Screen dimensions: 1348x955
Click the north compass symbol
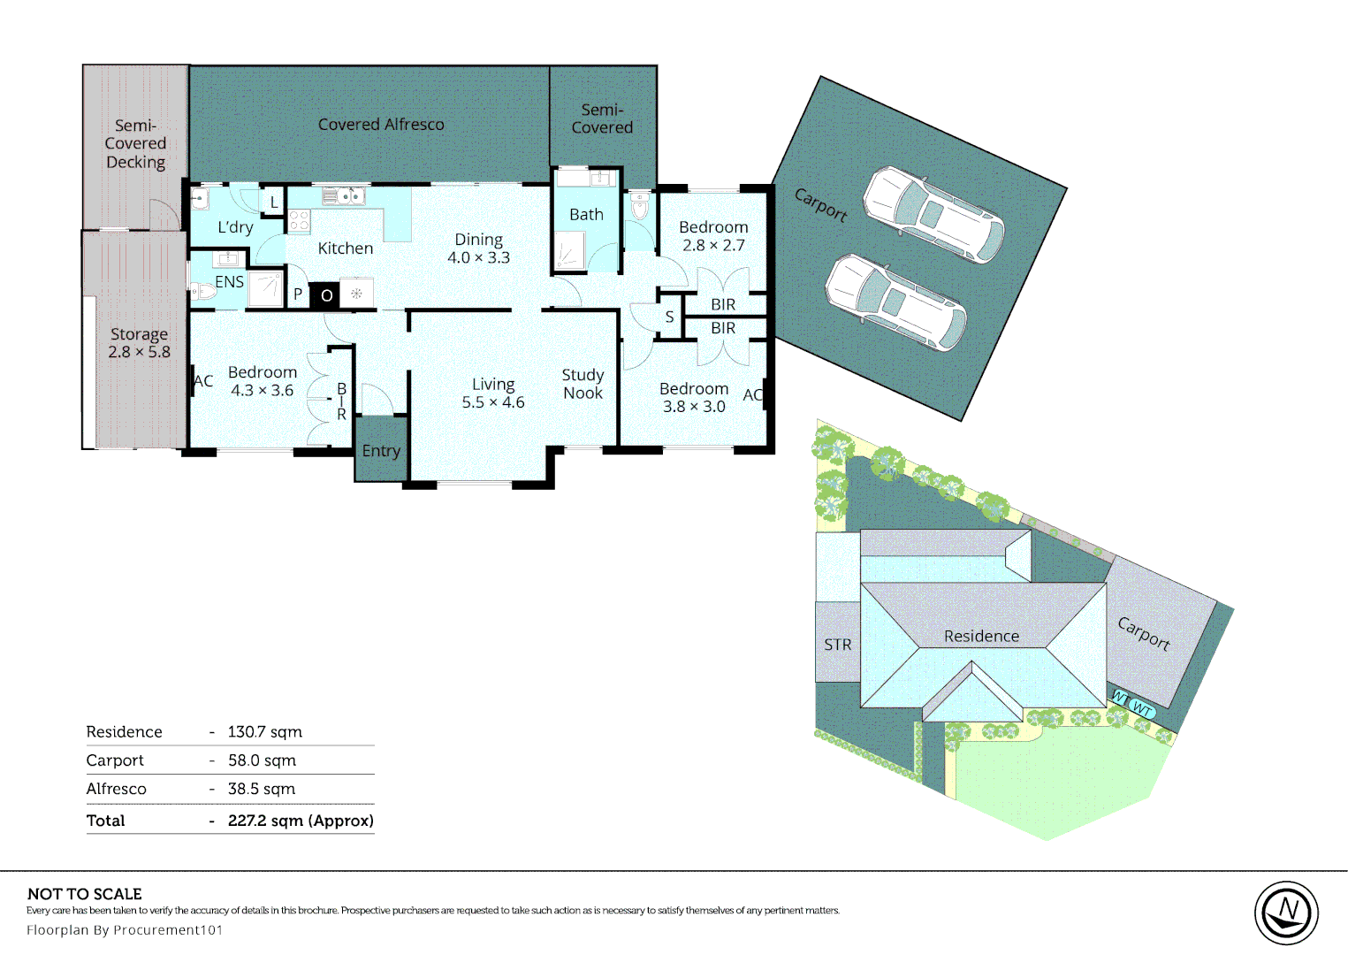1286,913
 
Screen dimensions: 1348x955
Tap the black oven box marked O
325,295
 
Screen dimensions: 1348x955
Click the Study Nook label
583,384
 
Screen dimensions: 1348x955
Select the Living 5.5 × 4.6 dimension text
493,402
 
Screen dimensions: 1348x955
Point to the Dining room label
478,240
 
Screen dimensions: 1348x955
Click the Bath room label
586,214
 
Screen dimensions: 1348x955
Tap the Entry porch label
381,451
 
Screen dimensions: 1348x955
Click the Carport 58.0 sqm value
262,760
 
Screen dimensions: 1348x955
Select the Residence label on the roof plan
981,636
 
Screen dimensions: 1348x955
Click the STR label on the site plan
837,645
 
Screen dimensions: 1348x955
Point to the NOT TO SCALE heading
84,894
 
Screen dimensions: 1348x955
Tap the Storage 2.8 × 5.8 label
139,342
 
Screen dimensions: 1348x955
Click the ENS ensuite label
229,282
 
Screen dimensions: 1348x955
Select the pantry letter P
297,294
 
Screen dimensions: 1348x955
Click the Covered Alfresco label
381,125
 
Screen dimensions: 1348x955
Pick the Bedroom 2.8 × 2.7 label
713,236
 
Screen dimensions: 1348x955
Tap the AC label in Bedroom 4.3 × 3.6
203,380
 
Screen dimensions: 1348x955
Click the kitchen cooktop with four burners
299,221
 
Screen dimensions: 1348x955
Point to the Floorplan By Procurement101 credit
125,929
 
